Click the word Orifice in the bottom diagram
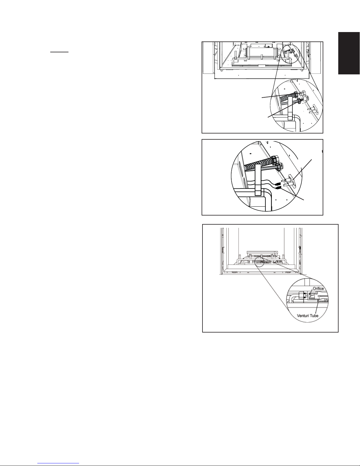click(318, 288)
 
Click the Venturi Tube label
click(307, 316)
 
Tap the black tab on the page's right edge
click(349, 53)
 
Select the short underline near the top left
click(59, 52)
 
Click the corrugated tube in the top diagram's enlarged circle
click(287, 97)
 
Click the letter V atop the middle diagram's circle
click(267, 143)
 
